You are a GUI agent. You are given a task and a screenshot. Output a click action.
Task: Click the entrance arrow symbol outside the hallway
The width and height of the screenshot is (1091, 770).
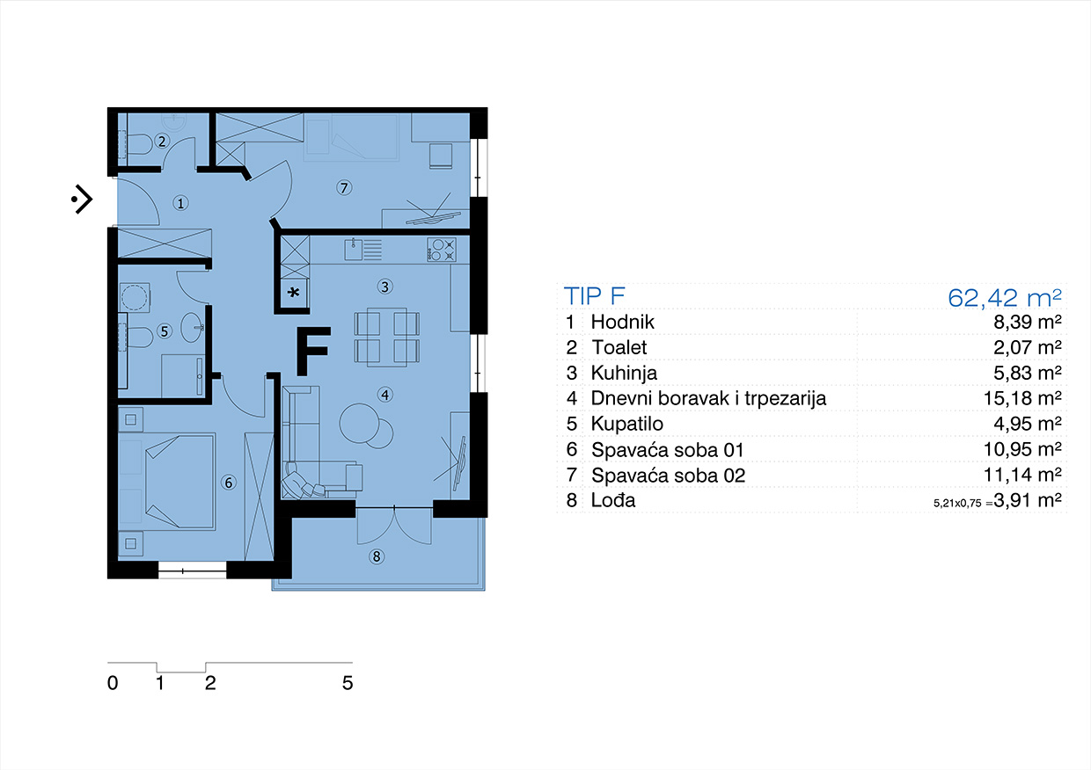click(83, 199)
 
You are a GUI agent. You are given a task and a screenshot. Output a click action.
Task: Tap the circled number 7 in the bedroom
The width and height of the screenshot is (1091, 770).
click(344, 187)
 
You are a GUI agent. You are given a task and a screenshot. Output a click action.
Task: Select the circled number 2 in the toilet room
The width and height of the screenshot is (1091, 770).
click(162, 142)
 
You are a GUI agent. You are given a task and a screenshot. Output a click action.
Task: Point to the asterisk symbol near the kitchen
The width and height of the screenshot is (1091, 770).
click(294, 293)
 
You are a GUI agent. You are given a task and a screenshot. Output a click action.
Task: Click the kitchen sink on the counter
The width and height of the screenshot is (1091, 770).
click(353, 250)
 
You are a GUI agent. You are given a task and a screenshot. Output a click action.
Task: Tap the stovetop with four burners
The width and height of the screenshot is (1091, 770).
click(442, 250)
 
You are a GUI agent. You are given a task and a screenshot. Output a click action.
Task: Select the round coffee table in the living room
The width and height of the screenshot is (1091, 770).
click(360, 423)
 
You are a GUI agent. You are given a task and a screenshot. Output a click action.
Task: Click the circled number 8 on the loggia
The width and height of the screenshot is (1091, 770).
click(376, 556)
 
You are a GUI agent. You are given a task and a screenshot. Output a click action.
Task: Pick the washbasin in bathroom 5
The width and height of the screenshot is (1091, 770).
click(194, 327)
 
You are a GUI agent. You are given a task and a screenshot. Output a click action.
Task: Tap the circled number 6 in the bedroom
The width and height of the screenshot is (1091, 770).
click(229, 483)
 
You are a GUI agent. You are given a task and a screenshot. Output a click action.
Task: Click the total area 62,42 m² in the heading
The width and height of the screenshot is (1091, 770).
click(1005, 297)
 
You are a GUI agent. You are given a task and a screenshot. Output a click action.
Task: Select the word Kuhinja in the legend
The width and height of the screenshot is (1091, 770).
click(624, 373)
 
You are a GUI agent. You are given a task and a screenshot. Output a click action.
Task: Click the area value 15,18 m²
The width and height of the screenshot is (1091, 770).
click(1022, 398)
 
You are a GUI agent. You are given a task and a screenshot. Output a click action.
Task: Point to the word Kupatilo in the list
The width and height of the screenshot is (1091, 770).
click(626, 424)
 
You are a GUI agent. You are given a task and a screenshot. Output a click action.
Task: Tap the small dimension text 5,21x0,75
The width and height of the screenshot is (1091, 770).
click(957, 504)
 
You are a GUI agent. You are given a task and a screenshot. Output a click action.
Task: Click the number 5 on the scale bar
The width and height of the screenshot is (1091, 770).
click(348, 683)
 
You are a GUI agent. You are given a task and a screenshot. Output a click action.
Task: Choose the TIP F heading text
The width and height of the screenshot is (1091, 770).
click(594, 296)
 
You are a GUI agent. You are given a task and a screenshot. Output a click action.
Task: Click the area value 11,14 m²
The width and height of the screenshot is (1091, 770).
click(1022, 475)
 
